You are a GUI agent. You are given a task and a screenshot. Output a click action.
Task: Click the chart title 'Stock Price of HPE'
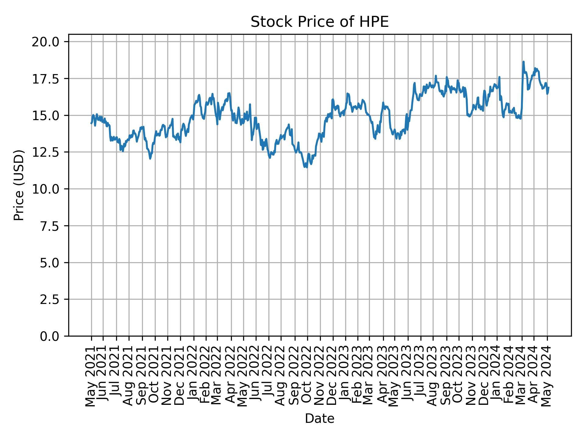[x=319, y=22]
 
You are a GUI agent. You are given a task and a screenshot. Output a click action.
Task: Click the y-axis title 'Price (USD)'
[x=19, y=185]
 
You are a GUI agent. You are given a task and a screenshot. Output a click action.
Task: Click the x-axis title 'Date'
[x=319, y=419]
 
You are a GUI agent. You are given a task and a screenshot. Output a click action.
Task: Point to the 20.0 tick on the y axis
[x=46, y=42]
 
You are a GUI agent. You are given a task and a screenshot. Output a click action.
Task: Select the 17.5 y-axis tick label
[x=46, y=79]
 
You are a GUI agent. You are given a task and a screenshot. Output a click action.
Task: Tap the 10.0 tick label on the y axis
[x=46, y=189]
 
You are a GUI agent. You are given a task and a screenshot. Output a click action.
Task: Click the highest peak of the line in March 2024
[x=523, y=62]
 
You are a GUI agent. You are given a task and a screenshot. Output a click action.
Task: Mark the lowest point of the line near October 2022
[x=307, y=167]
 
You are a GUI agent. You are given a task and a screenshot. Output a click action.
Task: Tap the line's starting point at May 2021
[x=91, y=123]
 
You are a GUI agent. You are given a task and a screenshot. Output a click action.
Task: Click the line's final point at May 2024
[x=548, y=87]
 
